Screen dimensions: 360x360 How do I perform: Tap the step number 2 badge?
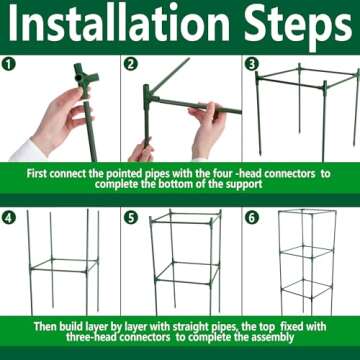coord(131,63)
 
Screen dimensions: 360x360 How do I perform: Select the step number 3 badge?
coord(250,63)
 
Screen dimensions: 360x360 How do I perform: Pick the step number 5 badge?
coord(131,217)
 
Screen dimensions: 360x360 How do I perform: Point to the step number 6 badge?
coord(250,217)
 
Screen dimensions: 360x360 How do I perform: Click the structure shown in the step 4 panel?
coord(60,265)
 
